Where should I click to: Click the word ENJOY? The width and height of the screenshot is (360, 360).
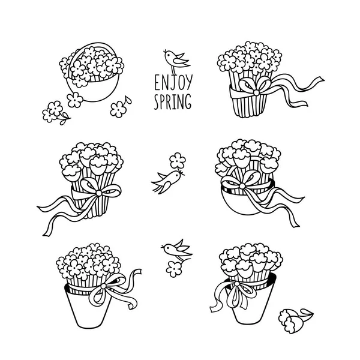point(173,83)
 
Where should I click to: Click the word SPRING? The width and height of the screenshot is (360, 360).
point(172,101)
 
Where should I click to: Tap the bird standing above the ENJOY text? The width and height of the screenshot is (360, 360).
point(176,60)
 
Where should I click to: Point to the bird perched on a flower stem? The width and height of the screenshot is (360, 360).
point(177,250)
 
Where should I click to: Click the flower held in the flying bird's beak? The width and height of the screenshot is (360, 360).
point(178,160)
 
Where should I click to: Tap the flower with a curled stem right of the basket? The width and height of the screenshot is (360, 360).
point(120,107)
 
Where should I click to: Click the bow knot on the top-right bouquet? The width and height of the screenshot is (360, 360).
point(256,92)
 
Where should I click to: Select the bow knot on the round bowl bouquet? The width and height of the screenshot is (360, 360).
point(242,185)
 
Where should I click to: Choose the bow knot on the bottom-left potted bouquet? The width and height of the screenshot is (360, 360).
point(104,286)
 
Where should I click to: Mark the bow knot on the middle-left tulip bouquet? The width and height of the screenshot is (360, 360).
point(99,193)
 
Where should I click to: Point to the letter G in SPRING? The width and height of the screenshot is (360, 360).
point(188,101)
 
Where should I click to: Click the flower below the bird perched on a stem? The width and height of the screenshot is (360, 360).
point(174,269)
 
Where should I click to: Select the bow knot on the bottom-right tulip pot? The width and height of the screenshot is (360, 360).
point(236,284)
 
